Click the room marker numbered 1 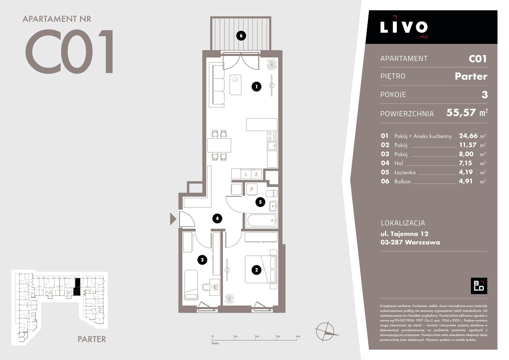click(x=256, y=87)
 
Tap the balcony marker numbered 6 click(x=241, y=36)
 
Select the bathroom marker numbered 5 click(x=260, y=202)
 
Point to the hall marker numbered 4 click(x=217, y=218)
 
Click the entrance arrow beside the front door click(x=173, y=219)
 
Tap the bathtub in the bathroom click(x=261, y=220)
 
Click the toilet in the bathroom click(x=271, y=193)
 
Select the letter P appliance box click(x=252, y=189)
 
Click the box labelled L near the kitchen click(x=246, y=174)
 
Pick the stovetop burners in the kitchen click(x=272, y=136)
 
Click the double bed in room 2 click(x=261, y=270)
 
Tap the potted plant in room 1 click(x=272, y=64)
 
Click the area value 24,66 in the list click(x=468, y=136)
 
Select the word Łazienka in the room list click(x=405, y=172)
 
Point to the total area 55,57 click(x=461, y=113)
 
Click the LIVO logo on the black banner click(x=404, y=27)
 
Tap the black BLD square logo click(x=479, y=286)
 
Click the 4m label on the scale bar click(x=298, y=336)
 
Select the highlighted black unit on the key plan click(x=77, y=287)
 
